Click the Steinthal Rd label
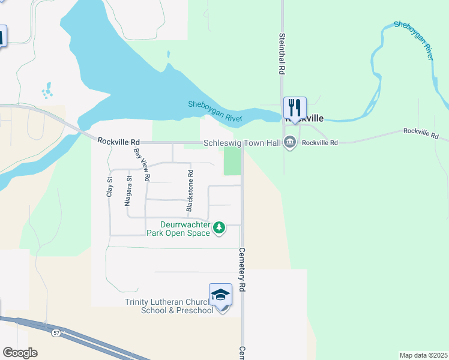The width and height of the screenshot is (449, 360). (x=280, y=53)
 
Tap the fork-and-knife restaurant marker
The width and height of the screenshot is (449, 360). (x=295, y=108)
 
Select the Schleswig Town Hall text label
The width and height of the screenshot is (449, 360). (x=243, y=143)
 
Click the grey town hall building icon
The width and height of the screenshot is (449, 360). (x=291, y=143)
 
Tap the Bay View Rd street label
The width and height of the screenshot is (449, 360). (x=142, y=165)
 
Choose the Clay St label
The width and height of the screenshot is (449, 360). (x=109, y=187)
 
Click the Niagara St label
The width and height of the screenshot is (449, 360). (x=128, y=191)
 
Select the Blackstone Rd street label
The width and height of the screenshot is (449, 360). (x=190, y=190)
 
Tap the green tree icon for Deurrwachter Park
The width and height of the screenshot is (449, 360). (x=220, y=227)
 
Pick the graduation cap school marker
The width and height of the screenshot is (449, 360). (x=220, y=295)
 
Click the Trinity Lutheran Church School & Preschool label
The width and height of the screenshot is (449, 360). (x=169, y=306)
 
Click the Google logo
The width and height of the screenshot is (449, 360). (x=20, y=352)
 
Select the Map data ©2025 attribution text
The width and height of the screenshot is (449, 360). (x=423, y=355)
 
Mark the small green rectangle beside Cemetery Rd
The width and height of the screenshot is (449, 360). (x=232, y=161)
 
